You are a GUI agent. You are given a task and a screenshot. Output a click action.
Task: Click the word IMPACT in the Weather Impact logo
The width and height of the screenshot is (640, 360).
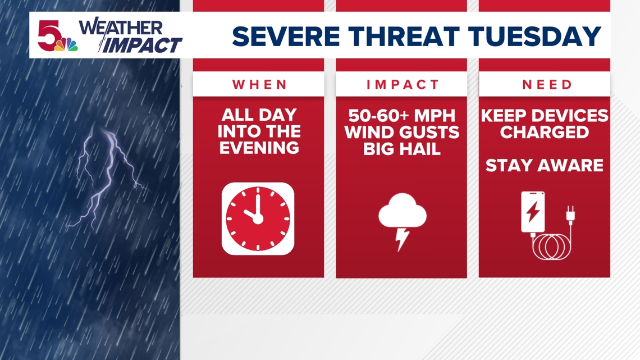(143, 45)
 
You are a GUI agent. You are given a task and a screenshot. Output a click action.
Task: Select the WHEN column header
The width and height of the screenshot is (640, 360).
(259, 85)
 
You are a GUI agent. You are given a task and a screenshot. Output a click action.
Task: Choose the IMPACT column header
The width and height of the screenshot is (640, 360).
(402, 85)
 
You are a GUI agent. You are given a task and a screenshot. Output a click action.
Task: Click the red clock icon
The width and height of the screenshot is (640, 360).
(258, 218)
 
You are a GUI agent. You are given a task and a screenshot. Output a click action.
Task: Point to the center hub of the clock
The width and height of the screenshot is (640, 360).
(258, 218)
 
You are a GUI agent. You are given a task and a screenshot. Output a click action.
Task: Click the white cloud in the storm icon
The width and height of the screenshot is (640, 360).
(402, 212)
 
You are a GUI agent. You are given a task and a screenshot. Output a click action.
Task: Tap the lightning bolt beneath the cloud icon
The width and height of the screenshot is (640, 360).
(402, 238)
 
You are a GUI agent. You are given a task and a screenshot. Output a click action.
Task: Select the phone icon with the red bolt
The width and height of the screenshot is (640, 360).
(533, 212)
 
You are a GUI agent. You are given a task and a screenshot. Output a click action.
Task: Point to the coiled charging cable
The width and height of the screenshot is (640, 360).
(552, 246)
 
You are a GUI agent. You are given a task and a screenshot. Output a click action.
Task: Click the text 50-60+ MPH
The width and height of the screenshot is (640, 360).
(402, 116)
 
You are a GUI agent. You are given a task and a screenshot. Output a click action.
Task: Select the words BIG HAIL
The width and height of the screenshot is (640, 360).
(402, 149)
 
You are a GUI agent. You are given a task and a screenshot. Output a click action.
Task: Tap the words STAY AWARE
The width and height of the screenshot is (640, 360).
(544, 166)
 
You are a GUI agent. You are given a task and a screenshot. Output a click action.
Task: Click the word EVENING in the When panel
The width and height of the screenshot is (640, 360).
(259, 148)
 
